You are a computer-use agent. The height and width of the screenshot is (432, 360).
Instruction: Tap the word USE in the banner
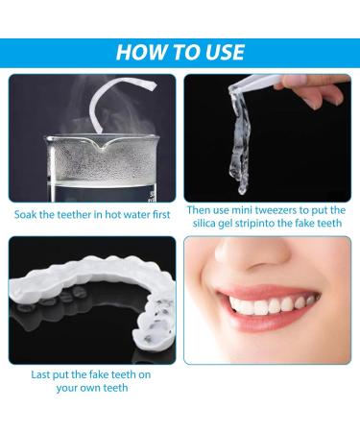tap(226, 52)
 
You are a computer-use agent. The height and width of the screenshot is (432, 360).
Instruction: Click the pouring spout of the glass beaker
tap(103, 145)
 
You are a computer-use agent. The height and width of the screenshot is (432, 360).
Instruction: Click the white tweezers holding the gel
tap(256, 82)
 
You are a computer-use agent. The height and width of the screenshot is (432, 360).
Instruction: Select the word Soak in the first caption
tap(25, 214)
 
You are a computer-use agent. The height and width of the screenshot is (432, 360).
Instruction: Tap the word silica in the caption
tap(204, 223)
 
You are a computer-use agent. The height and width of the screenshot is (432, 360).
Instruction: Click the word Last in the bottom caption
tap(40, 374)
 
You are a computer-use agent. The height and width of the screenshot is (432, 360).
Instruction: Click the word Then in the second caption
tap(198, 210)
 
